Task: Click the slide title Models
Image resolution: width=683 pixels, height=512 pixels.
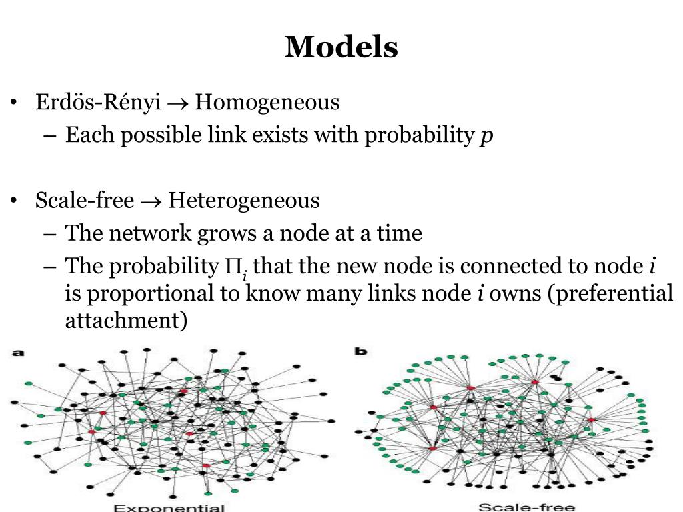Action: [x=341, y=47]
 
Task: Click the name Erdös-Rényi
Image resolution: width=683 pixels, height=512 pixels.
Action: [x=98, y=103]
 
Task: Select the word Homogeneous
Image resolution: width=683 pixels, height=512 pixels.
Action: [x=267, y=103]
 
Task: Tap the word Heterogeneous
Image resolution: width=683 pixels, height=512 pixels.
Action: [x=244, y=201]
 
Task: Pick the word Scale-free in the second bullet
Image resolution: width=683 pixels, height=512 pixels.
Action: [x=85, y=201]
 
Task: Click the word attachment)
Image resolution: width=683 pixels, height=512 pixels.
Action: [x=126, y=321]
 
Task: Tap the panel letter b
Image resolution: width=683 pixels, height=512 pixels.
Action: [x=361, y=351]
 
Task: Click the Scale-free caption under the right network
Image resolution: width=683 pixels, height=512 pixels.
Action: [x=527, y=507]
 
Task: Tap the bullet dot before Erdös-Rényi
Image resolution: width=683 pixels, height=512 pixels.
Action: [x=13, y=104]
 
